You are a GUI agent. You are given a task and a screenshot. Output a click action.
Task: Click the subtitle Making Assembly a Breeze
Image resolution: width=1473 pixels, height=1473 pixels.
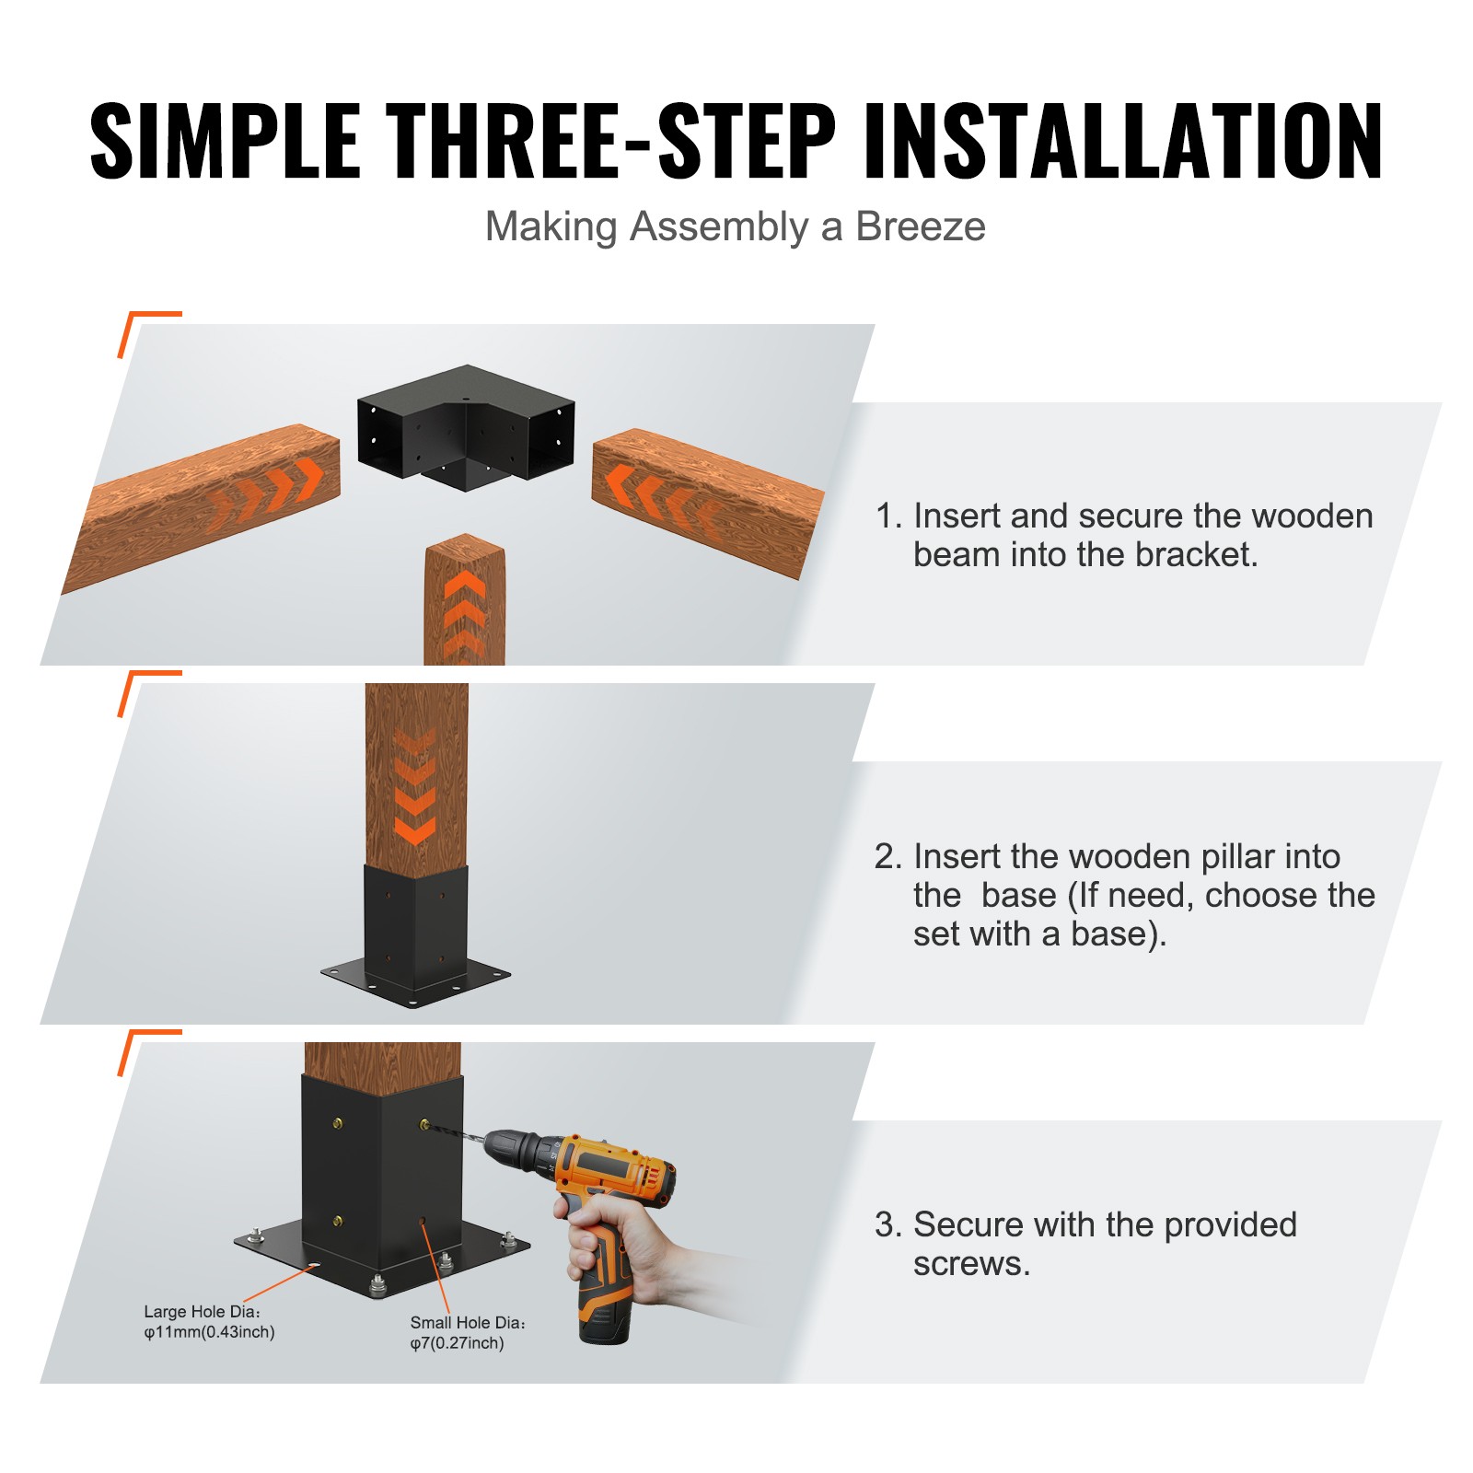[735, 226]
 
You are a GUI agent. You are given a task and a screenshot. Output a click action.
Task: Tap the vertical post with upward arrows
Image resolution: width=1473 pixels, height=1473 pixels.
[464, 603]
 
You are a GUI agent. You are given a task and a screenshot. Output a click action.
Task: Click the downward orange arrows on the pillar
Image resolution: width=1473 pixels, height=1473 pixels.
[414, 787]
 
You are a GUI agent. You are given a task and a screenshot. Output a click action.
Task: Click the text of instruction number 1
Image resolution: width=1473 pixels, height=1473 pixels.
[1123, 535]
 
